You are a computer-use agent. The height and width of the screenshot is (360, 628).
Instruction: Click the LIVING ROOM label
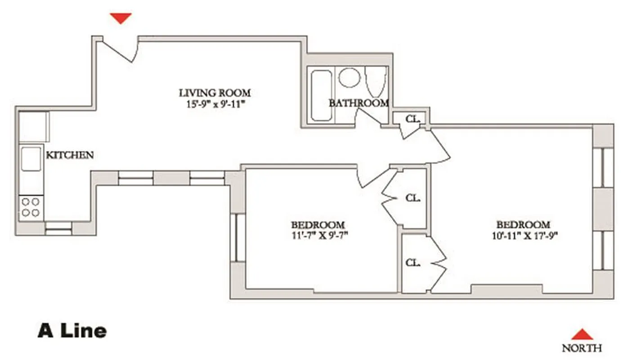(215, 93)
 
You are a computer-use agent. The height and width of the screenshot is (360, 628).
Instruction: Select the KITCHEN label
(70, 155)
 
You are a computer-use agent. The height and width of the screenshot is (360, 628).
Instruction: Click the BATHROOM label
(359, 103)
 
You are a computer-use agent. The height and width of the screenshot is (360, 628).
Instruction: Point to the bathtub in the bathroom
(321, 95)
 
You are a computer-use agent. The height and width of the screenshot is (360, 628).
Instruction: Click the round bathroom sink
(350, 77)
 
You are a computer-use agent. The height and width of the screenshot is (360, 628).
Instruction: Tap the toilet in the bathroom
(376, 80)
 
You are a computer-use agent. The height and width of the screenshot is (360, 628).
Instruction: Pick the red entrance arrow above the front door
(121, 18)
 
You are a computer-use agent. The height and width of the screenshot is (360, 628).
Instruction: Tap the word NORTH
(582, 348)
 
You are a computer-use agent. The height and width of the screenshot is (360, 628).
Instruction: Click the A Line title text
(72, 331)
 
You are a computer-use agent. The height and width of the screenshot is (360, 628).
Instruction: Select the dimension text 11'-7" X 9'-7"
(318, 235)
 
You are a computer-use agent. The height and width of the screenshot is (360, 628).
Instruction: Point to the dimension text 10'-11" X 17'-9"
(523, 235)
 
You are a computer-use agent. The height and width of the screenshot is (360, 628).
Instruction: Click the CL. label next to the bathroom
(413, 119)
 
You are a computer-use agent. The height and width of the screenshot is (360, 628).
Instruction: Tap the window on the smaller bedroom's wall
(238, 238)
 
